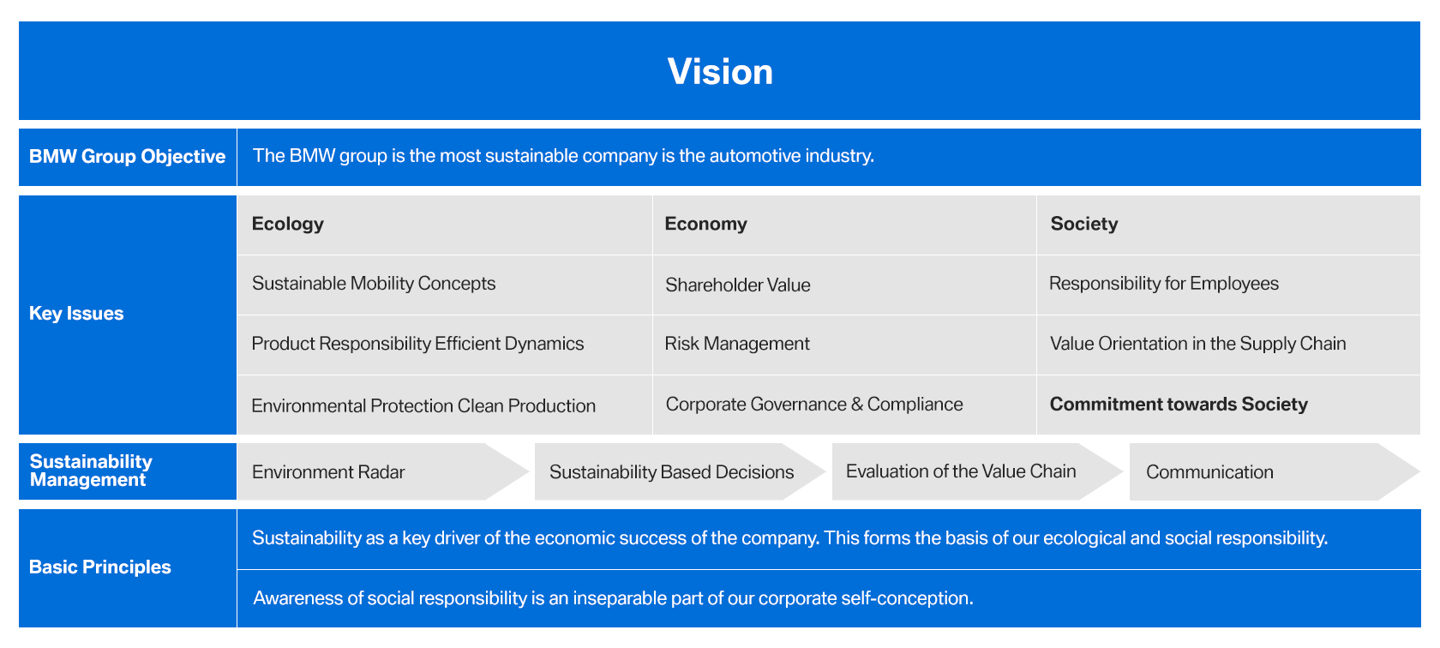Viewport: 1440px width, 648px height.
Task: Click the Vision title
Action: [x=720, y=71]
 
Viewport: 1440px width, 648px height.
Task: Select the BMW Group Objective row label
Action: [x=127, y=156]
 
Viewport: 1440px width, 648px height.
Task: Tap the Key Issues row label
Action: [x=76, y=313]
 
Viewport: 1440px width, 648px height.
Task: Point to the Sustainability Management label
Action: [x=91, y=471]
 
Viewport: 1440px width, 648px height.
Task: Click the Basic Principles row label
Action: [x=99, y=567]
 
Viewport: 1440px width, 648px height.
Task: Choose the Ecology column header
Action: [x=287, y=224]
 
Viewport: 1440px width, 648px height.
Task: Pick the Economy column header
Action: [x=706, y=224]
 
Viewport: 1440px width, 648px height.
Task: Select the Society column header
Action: [x=1083, y=224]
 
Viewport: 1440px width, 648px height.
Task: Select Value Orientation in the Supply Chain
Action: [x=1197, y=344]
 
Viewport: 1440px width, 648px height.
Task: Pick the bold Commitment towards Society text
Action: [x=1179, y=405]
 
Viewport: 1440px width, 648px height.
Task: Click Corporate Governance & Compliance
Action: [x=814, y=405]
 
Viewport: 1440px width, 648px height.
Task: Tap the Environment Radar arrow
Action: [x=383, y=471]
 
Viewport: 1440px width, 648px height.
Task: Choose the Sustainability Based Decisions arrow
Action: [x=681, y=471]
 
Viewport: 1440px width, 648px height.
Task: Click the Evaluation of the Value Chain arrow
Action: [x=977, y=471]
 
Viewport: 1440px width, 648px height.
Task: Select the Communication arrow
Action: [x=1274, y=471]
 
